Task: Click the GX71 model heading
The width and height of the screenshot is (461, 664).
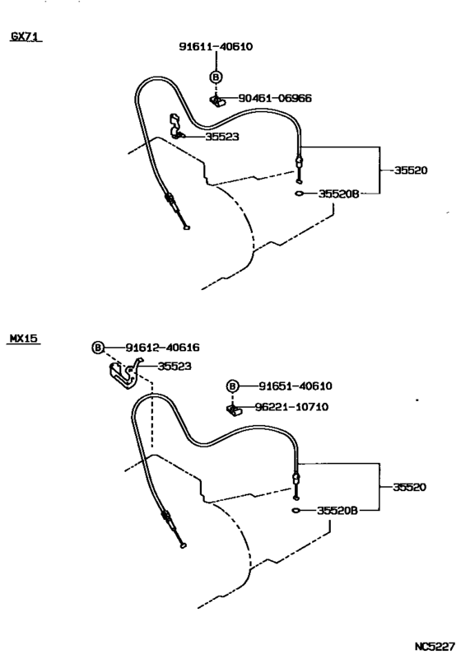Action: point(26,36)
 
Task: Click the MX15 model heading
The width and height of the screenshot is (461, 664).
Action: point(24,339)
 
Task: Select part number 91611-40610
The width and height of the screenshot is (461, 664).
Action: point(216,47)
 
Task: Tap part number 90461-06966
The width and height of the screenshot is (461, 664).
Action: point(275,98)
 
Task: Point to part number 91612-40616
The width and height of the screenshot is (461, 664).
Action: point(162,348)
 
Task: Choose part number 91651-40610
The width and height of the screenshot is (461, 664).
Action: point(296,386)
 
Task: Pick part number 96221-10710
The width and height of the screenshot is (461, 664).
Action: point(291,407)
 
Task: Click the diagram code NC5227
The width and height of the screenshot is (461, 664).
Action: point(435,647)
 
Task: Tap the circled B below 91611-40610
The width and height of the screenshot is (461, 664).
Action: point(216,77)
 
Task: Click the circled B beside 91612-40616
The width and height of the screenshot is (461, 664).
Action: point(98,348)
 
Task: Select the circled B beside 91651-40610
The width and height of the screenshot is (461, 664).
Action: point(232,386)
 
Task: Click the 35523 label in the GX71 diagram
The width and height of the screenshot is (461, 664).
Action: point(222,137)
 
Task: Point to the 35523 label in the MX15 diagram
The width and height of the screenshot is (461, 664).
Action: point(175,367)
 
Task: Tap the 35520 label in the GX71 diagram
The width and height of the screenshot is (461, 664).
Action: point(411,171)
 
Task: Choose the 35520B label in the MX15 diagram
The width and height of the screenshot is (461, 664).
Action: point(338,511)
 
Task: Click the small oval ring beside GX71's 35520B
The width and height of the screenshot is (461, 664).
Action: point(299,194)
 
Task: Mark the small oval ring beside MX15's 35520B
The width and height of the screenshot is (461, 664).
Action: point(296,510)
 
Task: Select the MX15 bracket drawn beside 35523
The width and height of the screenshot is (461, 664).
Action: point(126,375)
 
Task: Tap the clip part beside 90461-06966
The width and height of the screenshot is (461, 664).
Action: point(217,101)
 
